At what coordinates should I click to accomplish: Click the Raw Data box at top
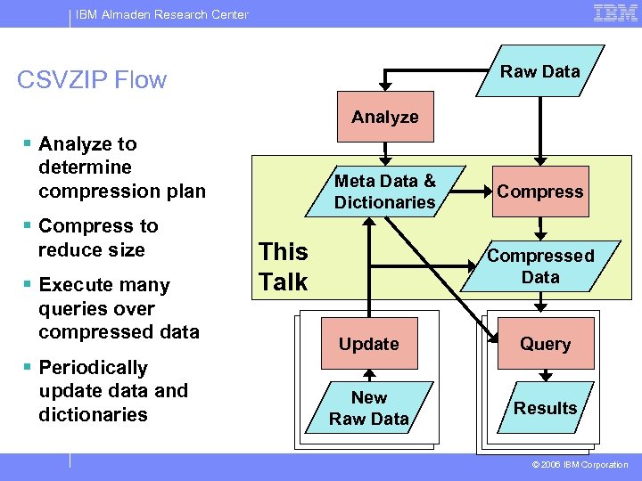click(540, 71)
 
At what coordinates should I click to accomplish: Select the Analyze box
click(385, 117)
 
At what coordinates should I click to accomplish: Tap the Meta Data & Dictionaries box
click(385, 192)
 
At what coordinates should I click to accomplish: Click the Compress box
click(540, 192)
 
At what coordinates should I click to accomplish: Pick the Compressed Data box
click(540, 266)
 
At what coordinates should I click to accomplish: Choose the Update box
click(369, 344)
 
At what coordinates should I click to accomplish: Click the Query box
click(545, 344)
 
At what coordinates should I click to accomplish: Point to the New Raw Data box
click(369, 408)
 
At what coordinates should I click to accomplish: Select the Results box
click(545, 408)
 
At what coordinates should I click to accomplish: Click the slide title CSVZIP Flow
click(92, 80)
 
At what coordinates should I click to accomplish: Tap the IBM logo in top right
click(615, 12)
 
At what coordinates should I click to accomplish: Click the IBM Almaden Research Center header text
click(161, 13)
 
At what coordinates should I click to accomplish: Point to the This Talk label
click(283, 267)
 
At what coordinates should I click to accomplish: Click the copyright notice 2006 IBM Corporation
click(580, 465)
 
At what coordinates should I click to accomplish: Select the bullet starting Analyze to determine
click(121, 167)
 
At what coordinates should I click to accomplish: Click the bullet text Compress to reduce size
click(98, 238)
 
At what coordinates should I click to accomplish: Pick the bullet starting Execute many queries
click(119, 308)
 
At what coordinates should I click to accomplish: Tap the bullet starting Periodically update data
click(113, 390)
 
